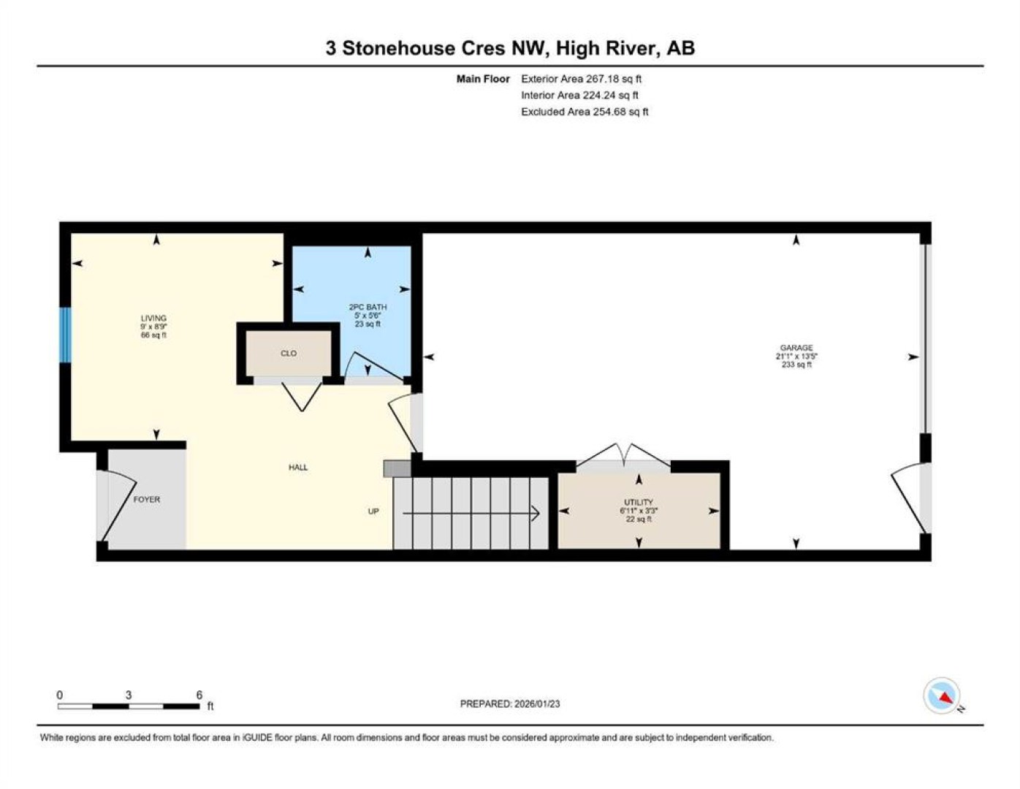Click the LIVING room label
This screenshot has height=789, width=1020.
[153, 318]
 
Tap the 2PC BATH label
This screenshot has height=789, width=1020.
[368, 307]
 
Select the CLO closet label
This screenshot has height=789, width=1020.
[288, 353]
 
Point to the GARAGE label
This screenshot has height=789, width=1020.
[796, 348]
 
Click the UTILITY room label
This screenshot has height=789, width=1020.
[639, 502]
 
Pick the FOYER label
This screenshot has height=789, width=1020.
[146, 500]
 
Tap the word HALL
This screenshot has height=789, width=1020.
[298, 467]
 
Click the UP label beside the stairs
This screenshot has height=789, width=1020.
[373, 511]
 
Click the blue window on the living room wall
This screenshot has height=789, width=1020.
[65, 335]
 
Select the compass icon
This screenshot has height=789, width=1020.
[942, 695]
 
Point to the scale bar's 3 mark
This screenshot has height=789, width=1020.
[128, 695]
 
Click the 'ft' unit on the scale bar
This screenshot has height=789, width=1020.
[210, 706]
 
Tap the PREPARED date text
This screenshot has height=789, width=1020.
[510, 704]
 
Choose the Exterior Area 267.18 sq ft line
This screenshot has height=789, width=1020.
[581, 79]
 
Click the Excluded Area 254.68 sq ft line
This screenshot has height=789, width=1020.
[585, 112]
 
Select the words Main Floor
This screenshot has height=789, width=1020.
[483, 79]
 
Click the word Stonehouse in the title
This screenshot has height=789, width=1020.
[398, 48]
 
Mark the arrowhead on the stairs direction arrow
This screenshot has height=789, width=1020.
[536, 514]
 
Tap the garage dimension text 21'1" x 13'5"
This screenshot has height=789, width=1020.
[796, 357]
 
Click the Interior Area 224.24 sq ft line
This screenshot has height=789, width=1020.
[579, 95]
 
